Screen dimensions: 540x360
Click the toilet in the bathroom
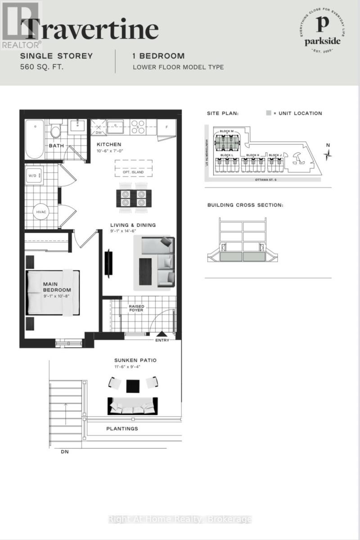(x=56, y=131)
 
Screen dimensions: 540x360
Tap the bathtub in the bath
(x=34, y=139)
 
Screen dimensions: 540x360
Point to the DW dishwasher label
(x=98, y=132)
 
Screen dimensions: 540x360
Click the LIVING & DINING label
(x=133, y=225)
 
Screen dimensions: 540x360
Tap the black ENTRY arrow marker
(x=161, y=334)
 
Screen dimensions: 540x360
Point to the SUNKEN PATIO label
(x=135, y=360)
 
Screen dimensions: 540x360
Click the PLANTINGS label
(x=122, y=428)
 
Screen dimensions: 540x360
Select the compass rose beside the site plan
(x=329, y=155)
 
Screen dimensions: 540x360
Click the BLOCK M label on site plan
(x=226, y=131)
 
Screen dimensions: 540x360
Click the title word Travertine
(x=90, y=29)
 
